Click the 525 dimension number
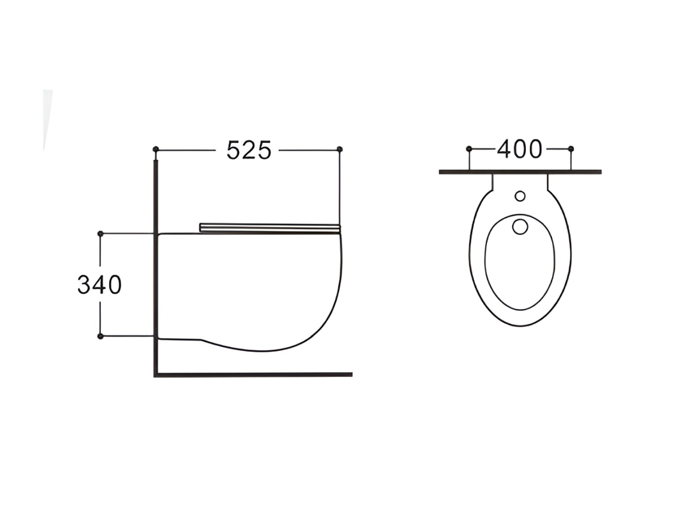pos(249,150)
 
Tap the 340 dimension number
pos(99,285)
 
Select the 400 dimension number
pos(520,149)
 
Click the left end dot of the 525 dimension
pos(156,149)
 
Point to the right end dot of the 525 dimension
pos(340,149)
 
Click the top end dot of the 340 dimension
pos(100,234)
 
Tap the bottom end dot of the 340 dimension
pos(100,336)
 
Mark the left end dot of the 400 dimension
pos(469,149)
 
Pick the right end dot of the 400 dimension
pos(571,149)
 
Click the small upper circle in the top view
pos(520,197)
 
